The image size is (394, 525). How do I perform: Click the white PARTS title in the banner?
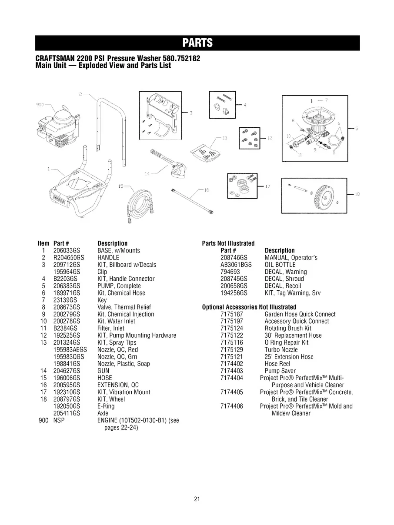[x=197, y=43]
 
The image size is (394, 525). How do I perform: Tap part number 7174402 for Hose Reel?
[x=232, y=364]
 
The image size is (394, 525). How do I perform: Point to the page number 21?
[x=197, y=499]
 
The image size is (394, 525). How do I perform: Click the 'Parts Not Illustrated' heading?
[x=228, y=243]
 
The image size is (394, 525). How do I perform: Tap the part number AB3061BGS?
[x=236, y=265]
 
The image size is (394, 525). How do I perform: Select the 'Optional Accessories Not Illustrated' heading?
[x=249, y=307]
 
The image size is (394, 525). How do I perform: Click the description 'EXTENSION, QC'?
[x=118, y=385]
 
